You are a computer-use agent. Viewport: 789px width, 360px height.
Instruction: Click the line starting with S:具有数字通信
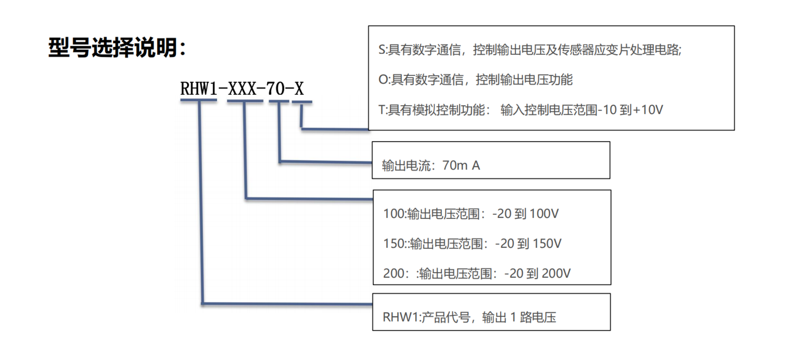530,51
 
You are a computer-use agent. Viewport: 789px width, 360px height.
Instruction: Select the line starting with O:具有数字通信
475,80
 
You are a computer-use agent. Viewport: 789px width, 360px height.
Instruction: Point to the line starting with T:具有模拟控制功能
520,110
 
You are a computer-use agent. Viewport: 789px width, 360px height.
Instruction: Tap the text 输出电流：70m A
431,166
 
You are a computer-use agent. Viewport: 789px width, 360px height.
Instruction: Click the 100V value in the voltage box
541,214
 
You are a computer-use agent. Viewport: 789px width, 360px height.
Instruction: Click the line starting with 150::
472,244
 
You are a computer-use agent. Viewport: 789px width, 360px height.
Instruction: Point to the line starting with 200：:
477,274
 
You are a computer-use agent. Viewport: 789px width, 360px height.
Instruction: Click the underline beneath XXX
245,101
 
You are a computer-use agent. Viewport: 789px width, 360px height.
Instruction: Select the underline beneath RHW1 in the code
198,101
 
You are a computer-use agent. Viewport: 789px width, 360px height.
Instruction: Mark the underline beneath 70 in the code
278,101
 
